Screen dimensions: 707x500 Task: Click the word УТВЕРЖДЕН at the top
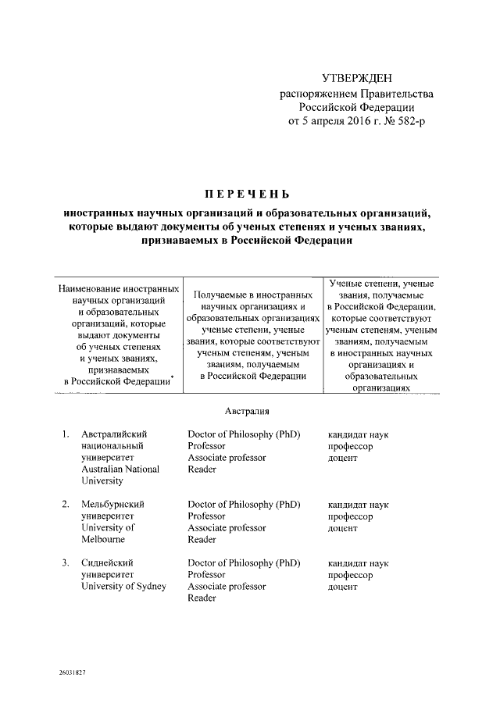click(x=358, y=79)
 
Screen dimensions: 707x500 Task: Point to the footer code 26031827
click(x=71, y=673)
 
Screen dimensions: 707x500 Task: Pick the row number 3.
click(x=66, y=563)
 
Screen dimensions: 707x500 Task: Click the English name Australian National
click(x=120, y=470)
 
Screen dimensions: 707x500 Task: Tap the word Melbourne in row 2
click(x=108, y=540)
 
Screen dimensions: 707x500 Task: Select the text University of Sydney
click(x=123, y=587)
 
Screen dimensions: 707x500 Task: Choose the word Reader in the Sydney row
click(x=202, y=599)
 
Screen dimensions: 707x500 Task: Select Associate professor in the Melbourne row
click(x=227, y=527)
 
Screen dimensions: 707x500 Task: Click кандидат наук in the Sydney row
click(x=358, y=563)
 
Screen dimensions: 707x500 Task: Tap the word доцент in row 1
click(x=343, y=458)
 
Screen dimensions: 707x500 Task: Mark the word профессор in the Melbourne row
click(x=350, y=516)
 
